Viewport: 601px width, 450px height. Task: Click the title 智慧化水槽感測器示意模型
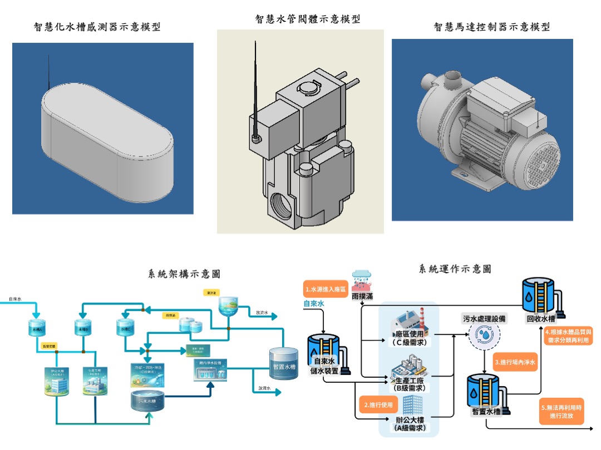97,26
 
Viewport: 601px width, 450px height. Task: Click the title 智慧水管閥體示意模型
307,19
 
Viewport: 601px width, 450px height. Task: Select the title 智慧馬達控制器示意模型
492,26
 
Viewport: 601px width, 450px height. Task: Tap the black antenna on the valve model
255,89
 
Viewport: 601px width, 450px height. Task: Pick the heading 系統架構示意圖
184,273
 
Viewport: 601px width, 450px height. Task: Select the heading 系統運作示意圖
455,269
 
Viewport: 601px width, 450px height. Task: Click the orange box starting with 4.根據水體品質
568,336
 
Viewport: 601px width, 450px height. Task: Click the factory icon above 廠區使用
408,322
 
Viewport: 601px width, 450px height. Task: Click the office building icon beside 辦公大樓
411,406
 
